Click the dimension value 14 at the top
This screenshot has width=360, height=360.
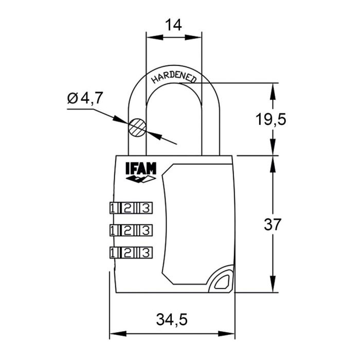[174, 24]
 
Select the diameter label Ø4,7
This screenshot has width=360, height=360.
[84, 98]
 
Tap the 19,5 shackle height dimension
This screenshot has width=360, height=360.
[271, 119]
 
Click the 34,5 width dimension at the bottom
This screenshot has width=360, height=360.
[171, 320]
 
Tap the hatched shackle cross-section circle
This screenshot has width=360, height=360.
[137, 127]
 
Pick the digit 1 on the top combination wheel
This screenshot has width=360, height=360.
[113, 208]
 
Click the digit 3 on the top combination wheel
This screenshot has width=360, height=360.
[147, 208]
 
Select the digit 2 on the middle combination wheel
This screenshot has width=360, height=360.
[130, 229]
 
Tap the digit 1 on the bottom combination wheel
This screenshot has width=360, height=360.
[113, 252]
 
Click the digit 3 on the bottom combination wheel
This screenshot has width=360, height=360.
[147, 252]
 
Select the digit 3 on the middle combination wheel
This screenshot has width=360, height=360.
[147, 229]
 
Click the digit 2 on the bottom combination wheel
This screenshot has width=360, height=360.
[130, 252]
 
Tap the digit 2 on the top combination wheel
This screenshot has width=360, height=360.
[130, 208]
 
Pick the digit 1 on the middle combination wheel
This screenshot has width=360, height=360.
[113, 229]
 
